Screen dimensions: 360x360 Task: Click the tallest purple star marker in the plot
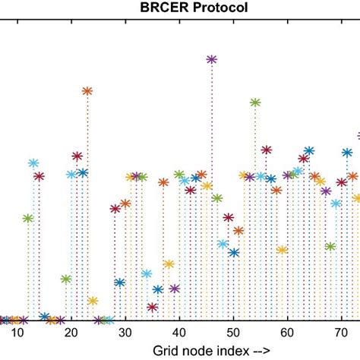click(212, 58)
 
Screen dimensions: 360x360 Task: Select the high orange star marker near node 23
click(87, 91)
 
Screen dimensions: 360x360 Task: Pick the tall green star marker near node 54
click(255, 102)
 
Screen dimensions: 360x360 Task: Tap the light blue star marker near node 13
click(33, 163)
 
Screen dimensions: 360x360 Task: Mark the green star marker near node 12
click(28, 218)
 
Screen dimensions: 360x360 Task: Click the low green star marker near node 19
click(66, 279)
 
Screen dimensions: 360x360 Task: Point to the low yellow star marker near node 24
click(93, 301)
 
